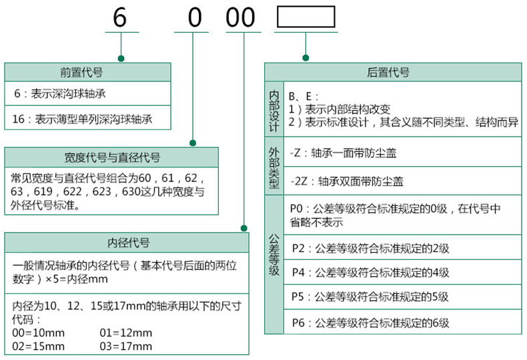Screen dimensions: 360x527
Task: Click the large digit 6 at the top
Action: (x=119, y=18)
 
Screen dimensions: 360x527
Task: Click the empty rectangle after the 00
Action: (x=306, y=19)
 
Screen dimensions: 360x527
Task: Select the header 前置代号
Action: (x=87, y=72)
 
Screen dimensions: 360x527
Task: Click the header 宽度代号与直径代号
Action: (x=112, y=157)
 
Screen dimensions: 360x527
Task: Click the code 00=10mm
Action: (x=39, y=333)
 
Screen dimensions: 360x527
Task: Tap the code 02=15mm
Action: (x=39, y=346)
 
